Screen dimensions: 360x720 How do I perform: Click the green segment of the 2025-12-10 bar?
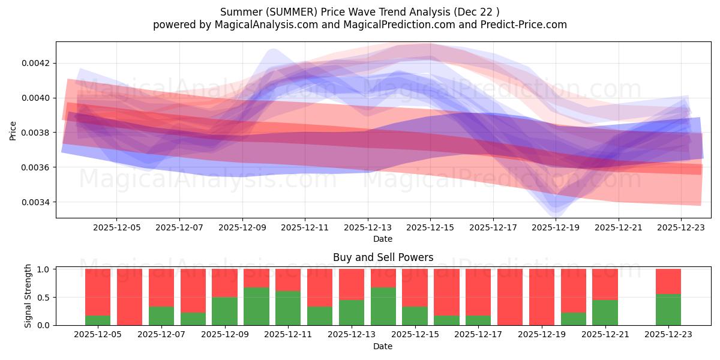[x=256, y=306]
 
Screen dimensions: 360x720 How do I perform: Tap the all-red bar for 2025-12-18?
[x=510, y=297]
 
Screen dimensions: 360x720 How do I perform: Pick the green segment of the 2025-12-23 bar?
[x=668, y=310]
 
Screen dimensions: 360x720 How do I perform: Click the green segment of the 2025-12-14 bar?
[x=383, y=306]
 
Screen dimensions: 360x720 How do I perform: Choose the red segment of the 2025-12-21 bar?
[x=605, y=284]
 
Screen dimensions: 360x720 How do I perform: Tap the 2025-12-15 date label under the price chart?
[x=430, y=228]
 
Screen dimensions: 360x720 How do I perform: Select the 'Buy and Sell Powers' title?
[x=383, y=258]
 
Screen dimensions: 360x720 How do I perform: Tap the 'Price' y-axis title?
[x=13, y=130]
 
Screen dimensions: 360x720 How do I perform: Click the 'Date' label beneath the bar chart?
[x=383, y=346]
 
